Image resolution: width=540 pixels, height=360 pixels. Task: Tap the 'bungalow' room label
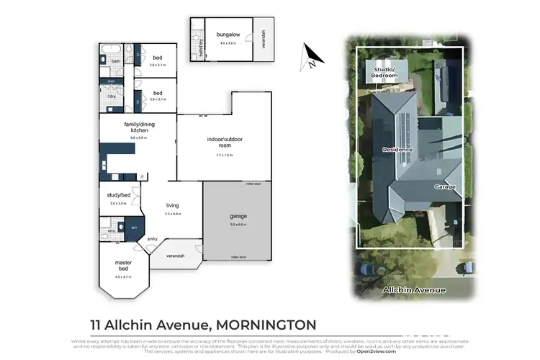tap(228, 34)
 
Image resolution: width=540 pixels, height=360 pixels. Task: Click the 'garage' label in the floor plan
tap(238, 215)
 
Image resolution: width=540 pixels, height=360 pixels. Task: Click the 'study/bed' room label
tap(118, 194)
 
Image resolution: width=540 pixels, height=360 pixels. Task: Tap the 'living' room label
tap(172, 204)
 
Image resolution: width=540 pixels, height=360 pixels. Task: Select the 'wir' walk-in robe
tap(133, 228)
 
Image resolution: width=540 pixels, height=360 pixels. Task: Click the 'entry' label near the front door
tap(153, 239)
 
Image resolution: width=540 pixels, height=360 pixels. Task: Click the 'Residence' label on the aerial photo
tap(397, 148)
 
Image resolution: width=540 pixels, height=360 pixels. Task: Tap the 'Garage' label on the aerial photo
tap(444, 186)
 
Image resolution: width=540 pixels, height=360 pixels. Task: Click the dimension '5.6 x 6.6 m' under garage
tap(238, 224)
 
